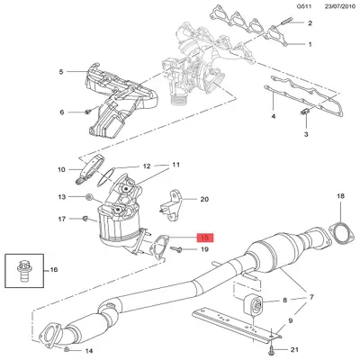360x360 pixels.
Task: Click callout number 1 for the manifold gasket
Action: coord(310,44)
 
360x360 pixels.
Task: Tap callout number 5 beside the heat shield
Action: coord(62,71)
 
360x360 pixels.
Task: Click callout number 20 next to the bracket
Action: coord(203,199)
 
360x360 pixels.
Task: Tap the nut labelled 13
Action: coord(89,196)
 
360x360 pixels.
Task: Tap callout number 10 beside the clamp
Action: coord(62,168)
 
